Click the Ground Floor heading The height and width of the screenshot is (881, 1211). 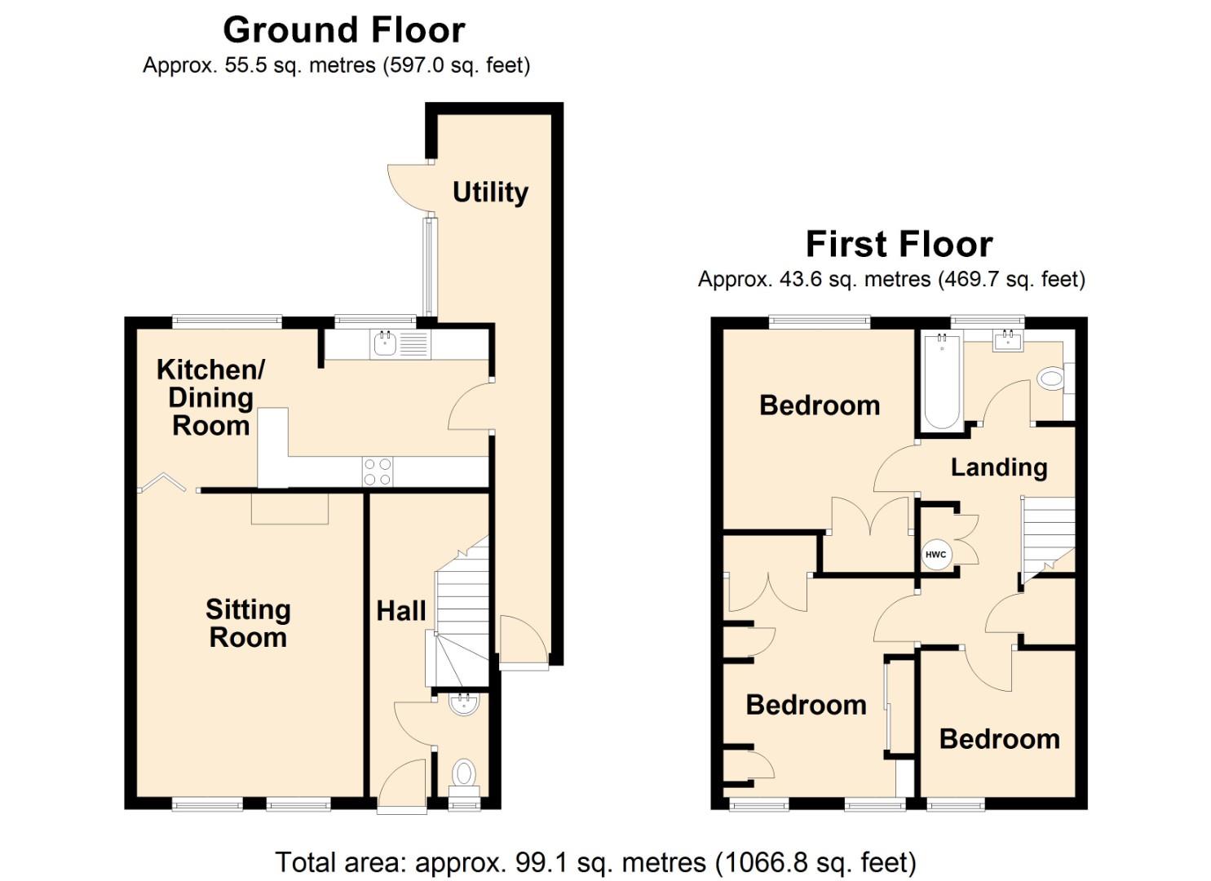343,31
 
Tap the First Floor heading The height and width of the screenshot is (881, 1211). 899,245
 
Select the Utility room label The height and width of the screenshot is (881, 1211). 490,193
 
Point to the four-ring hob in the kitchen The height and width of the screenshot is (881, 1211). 378,471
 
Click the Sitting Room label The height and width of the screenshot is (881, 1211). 248,623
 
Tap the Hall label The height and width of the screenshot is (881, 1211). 400,611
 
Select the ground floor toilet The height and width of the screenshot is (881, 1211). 464,773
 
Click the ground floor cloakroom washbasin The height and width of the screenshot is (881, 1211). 464,703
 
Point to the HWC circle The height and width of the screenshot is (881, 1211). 935,555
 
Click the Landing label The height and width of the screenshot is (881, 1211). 999,467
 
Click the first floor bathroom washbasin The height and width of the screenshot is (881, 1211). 1008,341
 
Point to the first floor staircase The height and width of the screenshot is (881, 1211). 1049,534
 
